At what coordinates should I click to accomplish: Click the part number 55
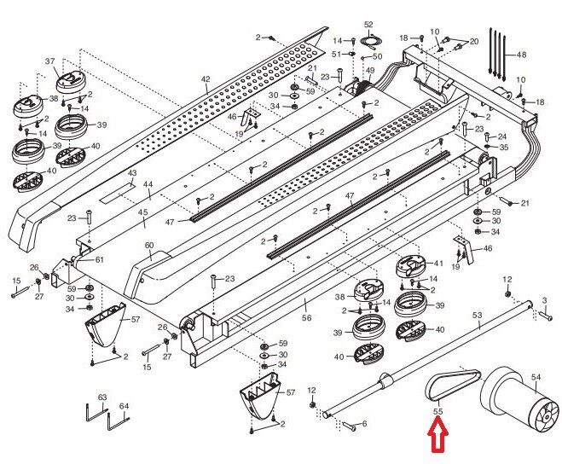[438, 412]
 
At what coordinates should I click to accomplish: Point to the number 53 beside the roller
[477, 316]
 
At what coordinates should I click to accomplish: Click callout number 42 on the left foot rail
[205, 79]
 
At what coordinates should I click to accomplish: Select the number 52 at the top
[368, 25]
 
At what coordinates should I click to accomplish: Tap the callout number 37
[49, 61]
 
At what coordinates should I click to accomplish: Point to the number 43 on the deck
[131, 173]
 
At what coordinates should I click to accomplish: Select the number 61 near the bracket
[99, 259]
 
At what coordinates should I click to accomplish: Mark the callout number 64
[124, 405]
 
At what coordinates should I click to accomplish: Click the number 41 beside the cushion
[438, 264]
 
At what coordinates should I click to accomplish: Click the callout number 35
[504, 148]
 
